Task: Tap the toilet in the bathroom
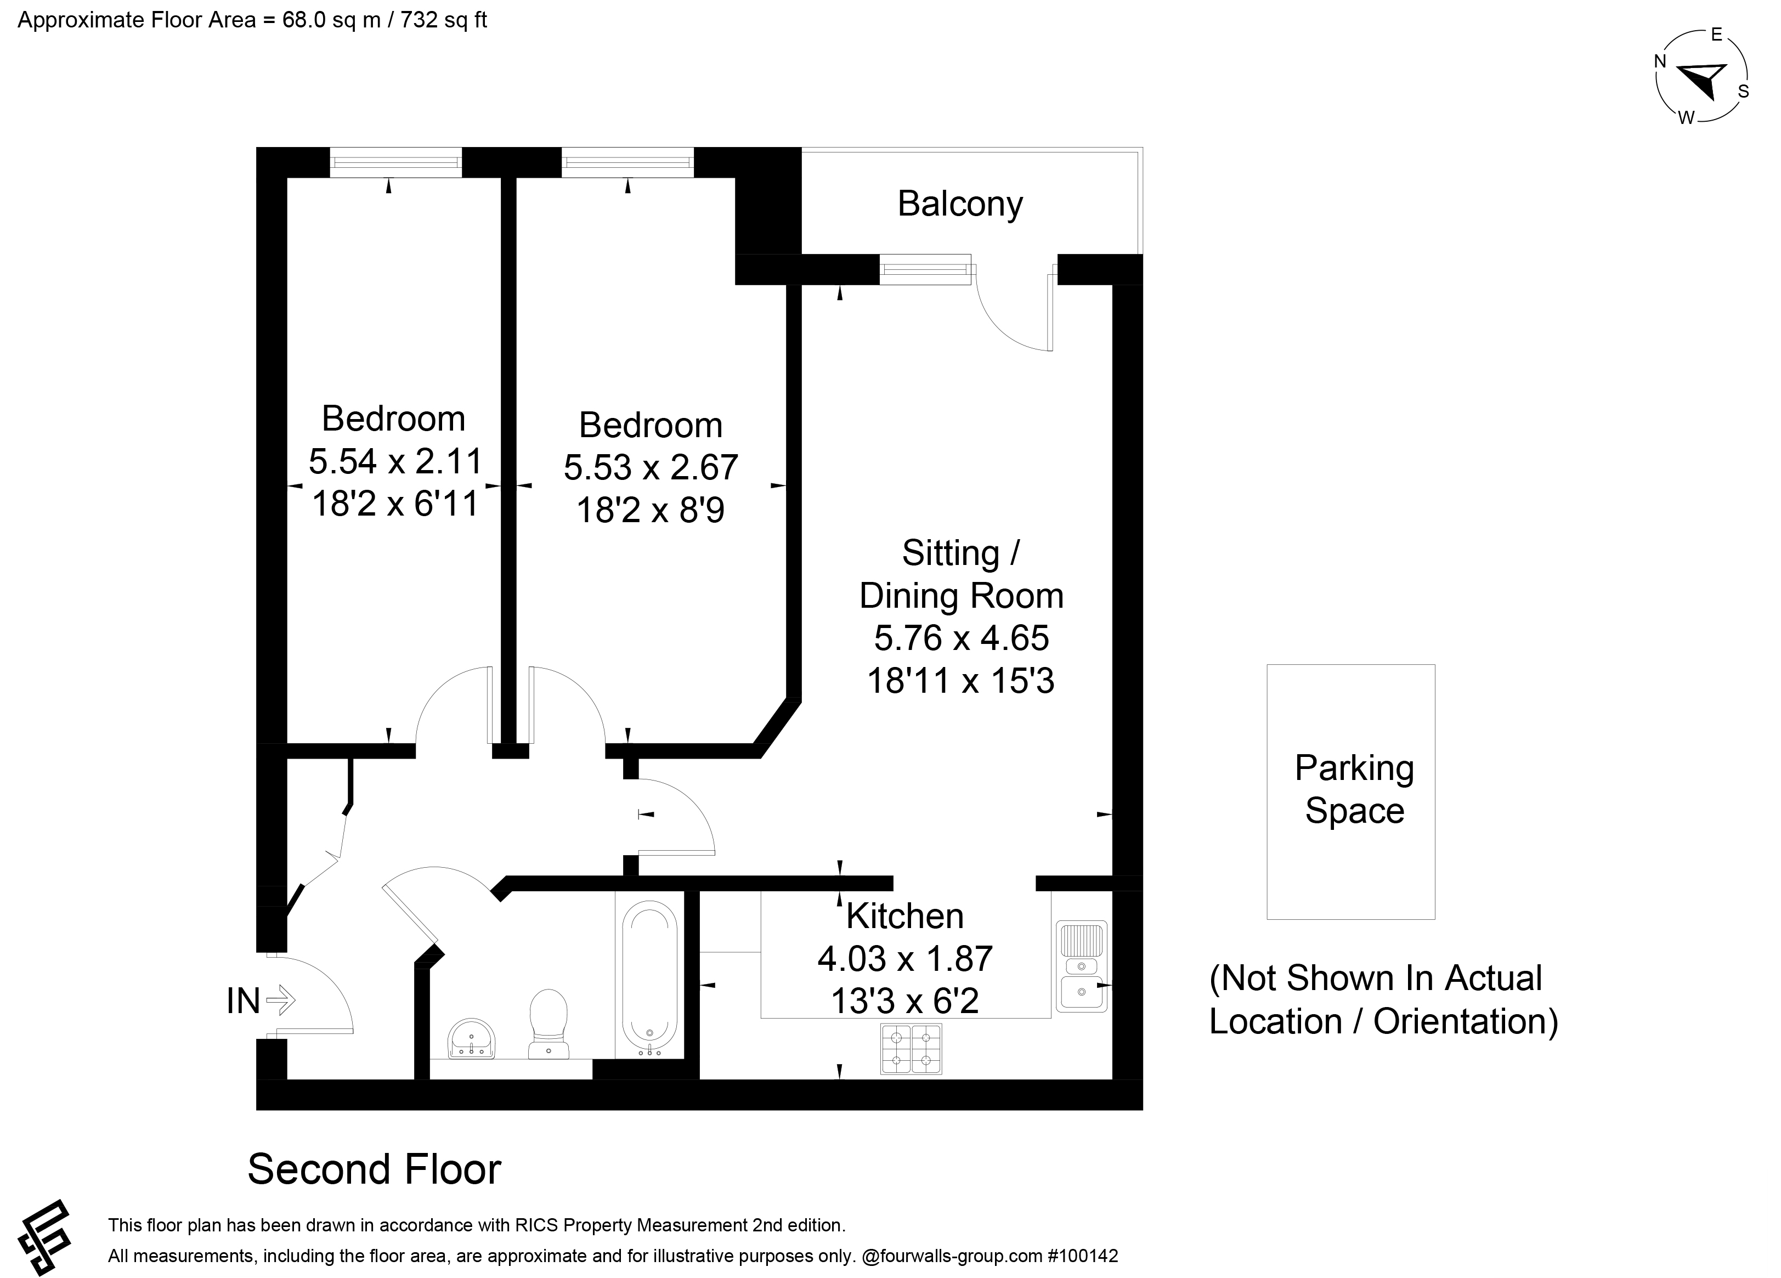click(548, 1023)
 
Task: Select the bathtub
click(649, 978)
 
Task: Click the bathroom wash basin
click(471, 1038)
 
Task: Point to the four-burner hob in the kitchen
click(911, 1049)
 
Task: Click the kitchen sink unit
click(1081, 966)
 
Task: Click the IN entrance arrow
click(280, 1000)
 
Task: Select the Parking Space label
click(1354, 789)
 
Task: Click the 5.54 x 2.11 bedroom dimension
click(395, 461)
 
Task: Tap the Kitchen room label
click(904, 916)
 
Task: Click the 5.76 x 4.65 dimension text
click(961, 638)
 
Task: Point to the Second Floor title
click(375, 1169)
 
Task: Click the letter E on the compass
click(1717, 35)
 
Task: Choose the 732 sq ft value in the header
click(444, 20)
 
